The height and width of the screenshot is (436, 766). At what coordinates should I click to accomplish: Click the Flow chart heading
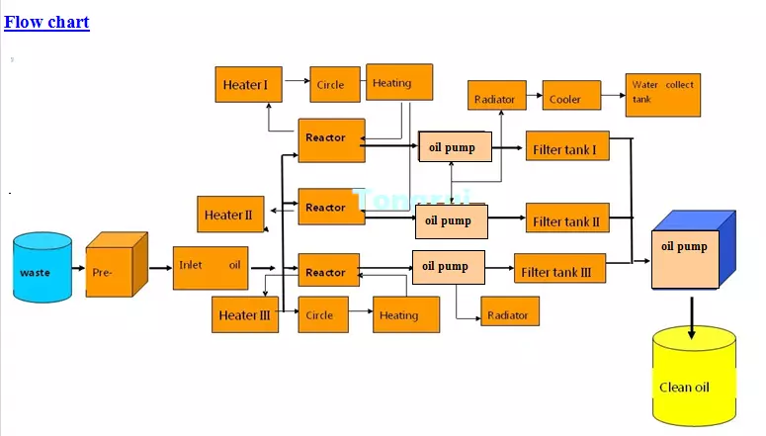pyautogui.click(x=46, y=22)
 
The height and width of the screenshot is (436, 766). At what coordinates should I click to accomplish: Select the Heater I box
pyautogui.click(x=247, y=84)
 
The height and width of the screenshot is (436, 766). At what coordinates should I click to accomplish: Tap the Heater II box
pyautogui.click(x=230, y=215)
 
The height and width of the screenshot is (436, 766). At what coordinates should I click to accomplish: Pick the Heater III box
pyautogui.click(x=245, y=315)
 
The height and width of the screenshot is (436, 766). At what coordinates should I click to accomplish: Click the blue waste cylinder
pyautogui.click(x=43, y=269)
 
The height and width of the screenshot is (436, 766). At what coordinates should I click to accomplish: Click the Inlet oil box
pyautogui.click(x=211, y=267)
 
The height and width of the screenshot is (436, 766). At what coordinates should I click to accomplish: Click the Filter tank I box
pyautogui.click(x=567, y=149)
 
